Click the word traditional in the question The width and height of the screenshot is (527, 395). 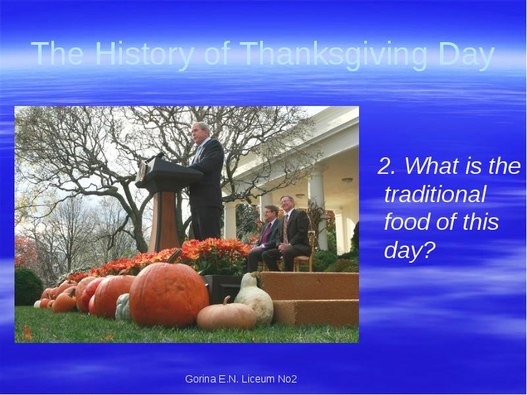[x=435, y=195]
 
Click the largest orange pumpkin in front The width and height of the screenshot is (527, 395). [x=169, y=294]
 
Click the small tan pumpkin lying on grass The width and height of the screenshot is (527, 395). [x=226, y=316]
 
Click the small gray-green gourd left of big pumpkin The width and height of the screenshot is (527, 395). [x=123, y=307]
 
